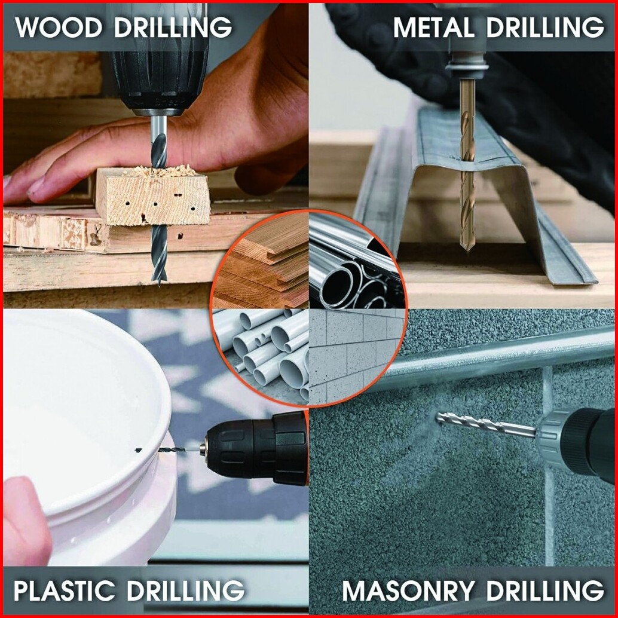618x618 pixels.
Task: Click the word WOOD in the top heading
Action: point(59,27)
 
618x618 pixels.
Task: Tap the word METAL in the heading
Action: point(433,27)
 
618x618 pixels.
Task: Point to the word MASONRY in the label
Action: point(408,591)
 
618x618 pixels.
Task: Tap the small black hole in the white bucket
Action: point(138,449)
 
